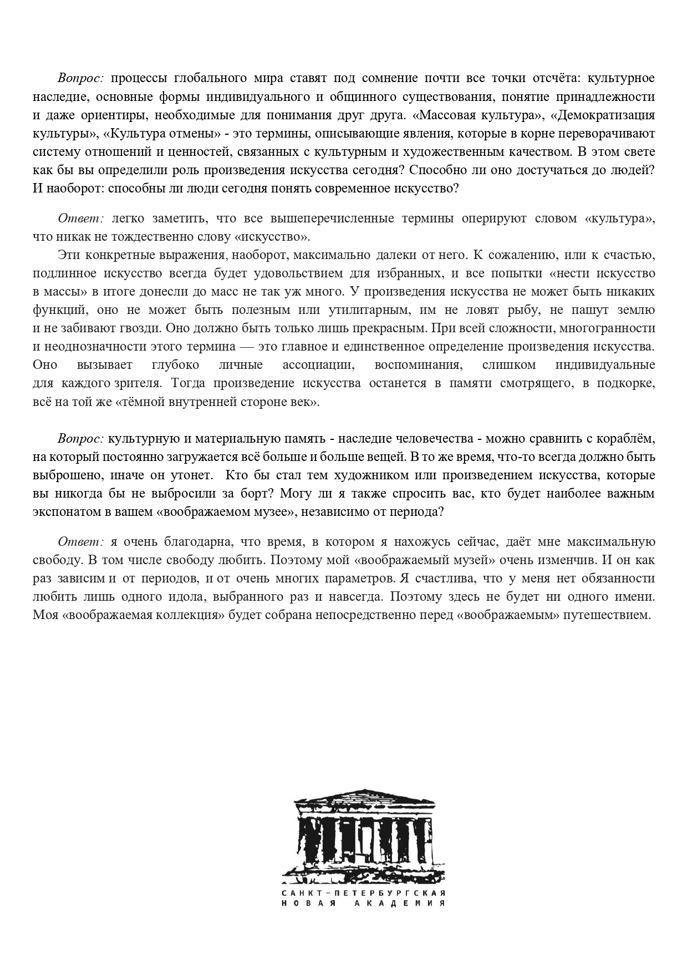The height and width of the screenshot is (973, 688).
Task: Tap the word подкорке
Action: click(625, 383)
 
